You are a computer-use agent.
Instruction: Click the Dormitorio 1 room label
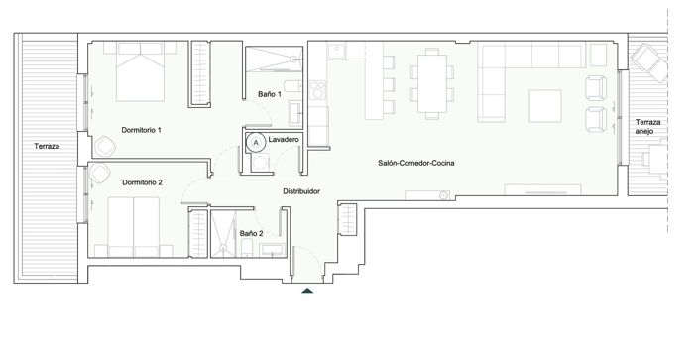point(141,130)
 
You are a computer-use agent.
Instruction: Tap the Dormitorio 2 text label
point(142,182)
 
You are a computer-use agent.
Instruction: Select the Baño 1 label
point(270,94)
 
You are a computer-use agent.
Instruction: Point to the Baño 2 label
point(252,233)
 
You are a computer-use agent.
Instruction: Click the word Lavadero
point(285,142)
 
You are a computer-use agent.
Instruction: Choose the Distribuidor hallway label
point(301,190)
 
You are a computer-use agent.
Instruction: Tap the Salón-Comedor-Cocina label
point(415,163)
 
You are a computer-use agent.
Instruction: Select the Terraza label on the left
point(46,147)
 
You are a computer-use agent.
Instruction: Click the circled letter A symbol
point(256,142)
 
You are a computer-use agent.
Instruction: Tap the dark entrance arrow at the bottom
point(308,290)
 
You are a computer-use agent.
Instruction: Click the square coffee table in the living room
point(547,105)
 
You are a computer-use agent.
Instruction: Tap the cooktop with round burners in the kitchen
point(319,92)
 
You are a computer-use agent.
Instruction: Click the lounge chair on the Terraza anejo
point(650,65)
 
